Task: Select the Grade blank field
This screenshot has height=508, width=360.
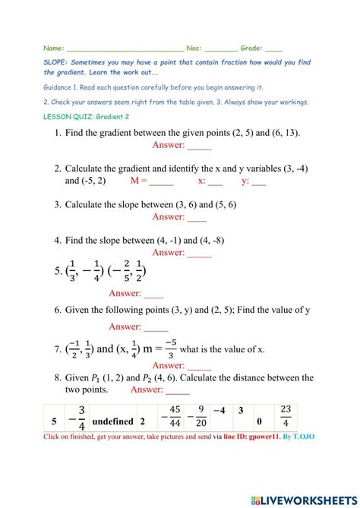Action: [x=274, y=47]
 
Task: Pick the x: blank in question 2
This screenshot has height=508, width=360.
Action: [x=215, y=182]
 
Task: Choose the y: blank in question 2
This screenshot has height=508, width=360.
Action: [x=259, y=182]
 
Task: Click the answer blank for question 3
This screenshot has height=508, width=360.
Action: [x=197, y=218]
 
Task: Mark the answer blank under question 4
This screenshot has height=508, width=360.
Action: [x=200, y=254]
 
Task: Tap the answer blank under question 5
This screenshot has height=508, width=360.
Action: [x=153, y=294]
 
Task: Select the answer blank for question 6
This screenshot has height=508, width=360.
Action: [x=156, y=327]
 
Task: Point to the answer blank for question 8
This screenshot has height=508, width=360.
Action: [x=178, y=390]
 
